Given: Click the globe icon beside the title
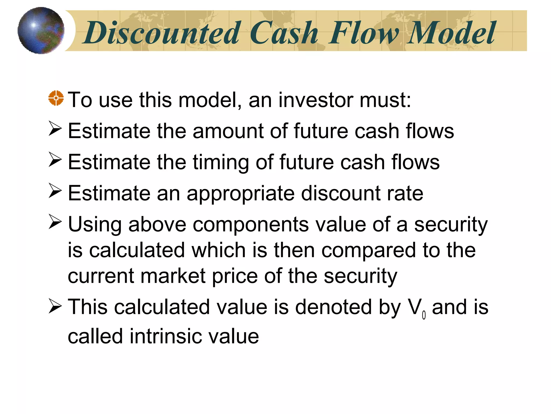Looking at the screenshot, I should pos(41,30).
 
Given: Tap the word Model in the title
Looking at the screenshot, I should pos(451,33).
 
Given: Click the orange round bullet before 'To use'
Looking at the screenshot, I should pos(56,98).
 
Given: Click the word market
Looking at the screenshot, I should pos(173,276).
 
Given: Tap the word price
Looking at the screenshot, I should pos(235,277).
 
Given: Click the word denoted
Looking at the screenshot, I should pos(334,307).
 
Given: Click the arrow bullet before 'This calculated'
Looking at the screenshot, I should pos(55,307).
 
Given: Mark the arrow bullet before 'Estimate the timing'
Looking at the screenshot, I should pos(55,160).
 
